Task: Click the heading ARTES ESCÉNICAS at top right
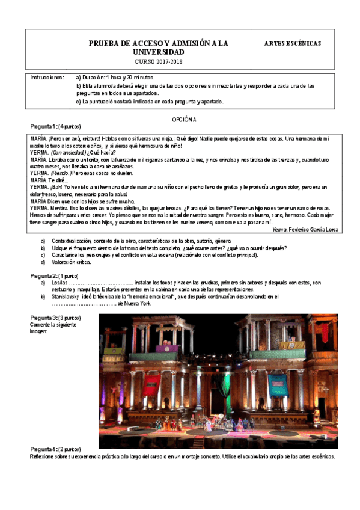(x=293, y=43)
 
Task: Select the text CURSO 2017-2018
(x=159, y=62)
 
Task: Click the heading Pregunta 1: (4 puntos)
(x=55, y=127)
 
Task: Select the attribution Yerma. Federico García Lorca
(x=305, y=229)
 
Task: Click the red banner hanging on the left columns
(x=151, y=383)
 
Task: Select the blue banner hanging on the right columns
(x=278, y=382)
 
